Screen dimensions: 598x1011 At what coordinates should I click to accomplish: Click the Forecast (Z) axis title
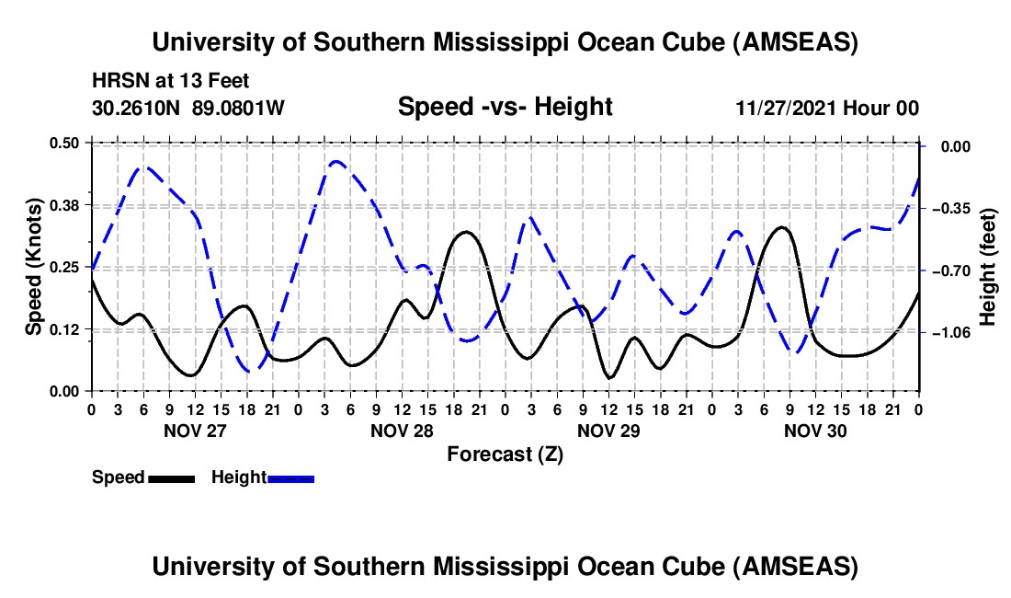(505, 454)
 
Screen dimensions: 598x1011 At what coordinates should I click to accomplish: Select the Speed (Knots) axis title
(33, 267)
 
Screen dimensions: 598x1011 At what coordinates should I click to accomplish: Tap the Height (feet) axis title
(988, 267)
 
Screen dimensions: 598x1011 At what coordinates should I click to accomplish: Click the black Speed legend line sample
(171, 478)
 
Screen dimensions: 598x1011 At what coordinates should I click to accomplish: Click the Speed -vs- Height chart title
(505, 107)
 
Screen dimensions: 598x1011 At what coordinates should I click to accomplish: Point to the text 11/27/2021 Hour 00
(827, 109)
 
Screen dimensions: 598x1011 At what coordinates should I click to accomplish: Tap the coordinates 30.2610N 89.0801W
(188, 108)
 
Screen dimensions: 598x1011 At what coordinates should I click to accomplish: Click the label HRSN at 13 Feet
(170, 82)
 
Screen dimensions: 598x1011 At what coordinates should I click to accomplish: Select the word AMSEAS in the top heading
(793, 42)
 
